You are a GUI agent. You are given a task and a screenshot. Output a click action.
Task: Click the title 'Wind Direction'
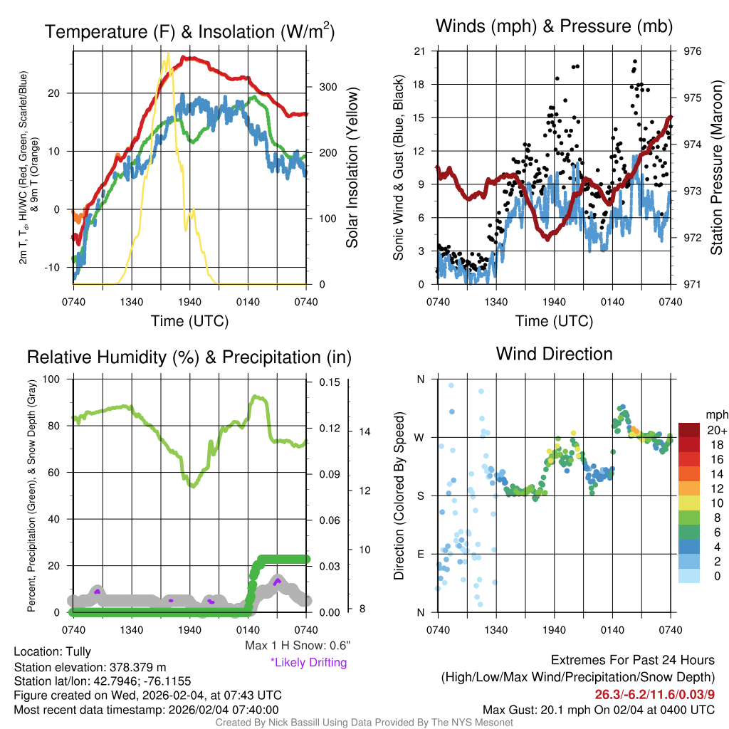[x=554, y=354]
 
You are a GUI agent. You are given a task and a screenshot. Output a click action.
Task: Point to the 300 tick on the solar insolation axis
[x=327, y=87]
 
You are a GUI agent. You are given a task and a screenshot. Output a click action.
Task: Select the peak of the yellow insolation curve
[x=168, y=53]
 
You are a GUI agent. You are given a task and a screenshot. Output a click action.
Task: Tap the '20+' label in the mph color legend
[x=717, y=431]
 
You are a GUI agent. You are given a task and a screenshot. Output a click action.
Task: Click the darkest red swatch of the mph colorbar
[x=690, y=430]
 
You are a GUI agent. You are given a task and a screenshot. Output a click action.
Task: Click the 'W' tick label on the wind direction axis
[x=420, y=437]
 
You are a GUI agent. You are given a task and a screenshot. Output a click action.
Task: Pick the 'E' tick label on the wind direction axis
[x=420, y=554]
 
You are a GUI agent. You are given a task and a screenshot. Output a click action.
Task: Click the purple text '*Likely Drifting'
[x=308, y=663]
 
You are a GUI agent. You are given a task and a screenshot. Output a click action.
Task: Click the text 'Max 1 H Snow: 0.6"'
[x=297, y=646]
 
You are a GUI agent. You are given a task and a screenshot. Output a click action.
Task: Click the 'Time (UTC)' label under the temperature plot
[x=190, y=321]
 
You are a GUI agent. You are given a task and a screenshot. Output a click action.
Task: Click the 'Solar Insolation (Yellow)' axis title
[x=352, y=168]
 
